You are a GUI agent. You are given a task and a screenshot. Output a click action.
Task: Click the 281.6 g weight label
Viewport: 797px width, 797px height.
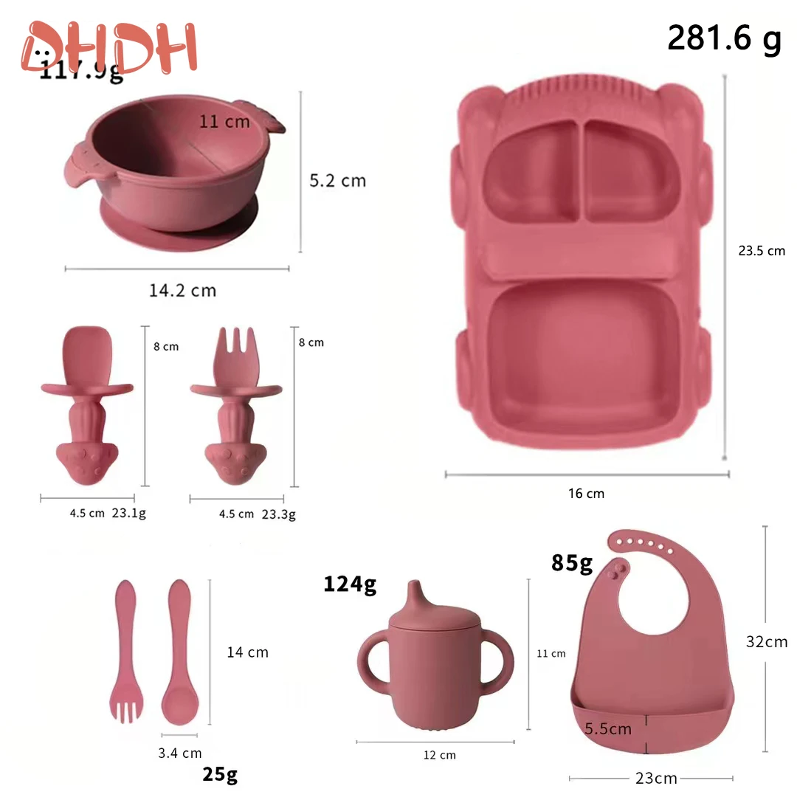tap(724, 38)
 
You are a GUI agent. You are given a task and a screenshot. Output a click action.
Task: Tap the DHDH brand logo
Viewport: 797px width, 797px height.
tap(111, 47)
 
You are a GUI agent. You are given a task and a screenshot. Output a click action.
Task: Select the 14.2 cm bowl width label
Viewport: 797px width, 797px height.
tap(182, 290)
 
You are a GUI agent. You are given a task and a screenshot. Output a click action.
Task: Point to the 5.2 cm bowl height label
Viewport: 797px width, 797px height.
tap(337, 181)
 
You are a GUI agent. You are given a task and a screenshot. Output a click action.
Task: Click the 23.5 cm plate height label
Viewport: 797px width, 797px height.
tap(762, 251)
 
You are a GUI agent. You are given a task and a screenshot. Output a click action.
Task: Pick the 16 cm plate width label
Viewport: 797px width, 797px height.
tap(586, 494)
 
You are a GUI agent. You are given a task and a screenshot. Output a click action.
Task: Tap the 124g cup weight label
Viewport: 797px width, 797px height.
tap(350, 584)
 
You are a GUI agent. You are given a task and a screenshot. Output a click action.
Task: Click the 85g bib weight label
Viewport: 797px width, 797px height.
tap(572, 563)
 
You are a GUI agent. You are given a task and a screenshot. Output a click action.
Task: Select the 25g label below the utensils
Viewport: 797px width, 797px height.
tap(220, 774)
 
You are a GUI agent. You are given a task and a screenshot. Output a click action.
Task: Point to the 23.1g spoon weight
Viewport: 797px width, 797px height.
tap(128, 514)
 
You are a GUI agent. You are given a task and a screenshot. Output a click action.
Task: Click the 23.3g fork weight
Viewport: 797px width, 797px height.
tap(278, 514)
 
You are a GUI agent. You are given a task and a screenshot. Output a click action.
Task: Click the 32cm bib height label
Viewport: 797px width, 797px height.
tap(765, 642)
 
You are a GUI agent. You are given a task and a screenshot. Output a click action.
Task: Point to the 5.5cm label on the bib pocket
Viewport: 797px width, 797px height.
tap(608, 729)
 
